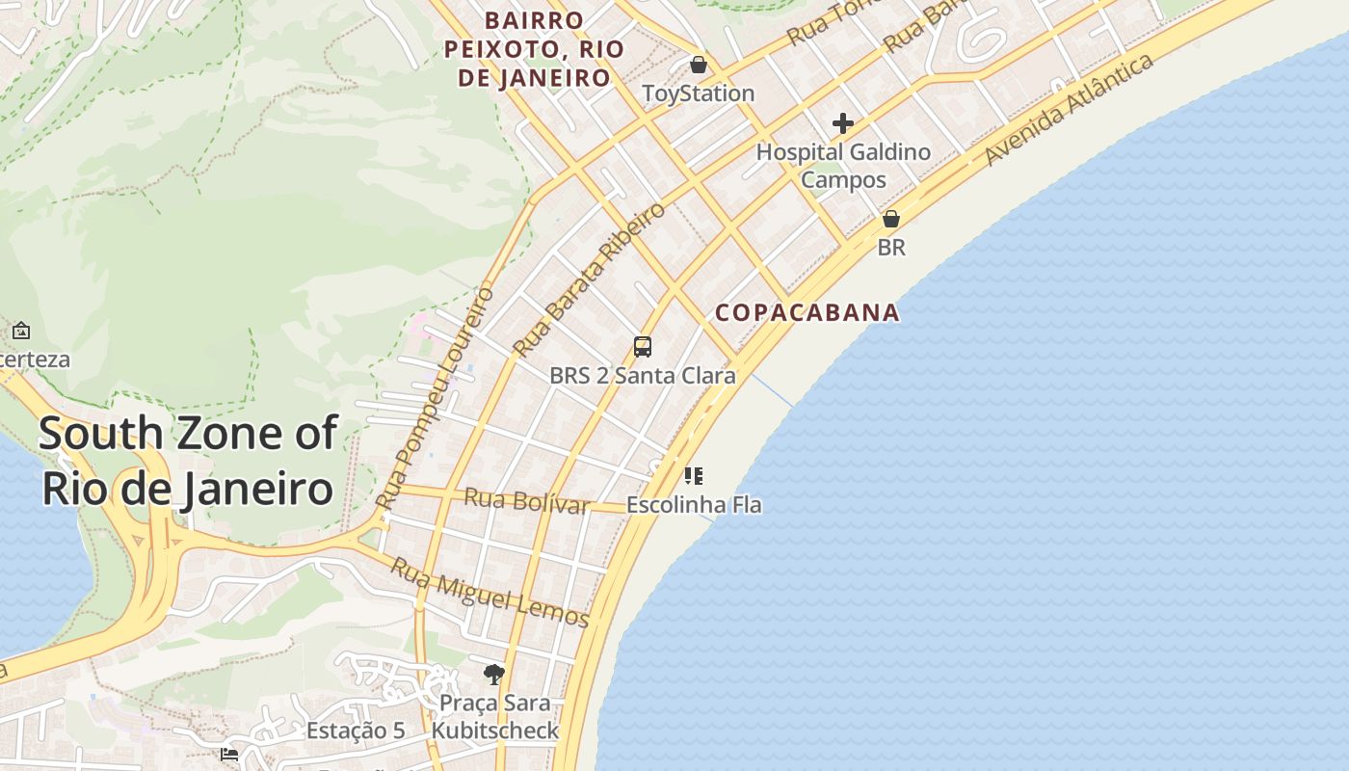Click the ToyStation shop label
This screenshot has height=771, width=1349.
click(699, 93)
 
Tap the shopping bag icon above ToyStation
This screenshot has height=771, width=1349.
click(699, 66)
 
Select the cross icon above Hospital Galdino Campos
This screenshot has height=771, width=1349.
click(843, 123)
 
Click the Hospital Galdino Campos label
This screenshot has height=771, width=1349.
click(843, 166)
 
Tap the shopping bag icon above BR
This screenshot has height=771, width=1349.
click(891, 220)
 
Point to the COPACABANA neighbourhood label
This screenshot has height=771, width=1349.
click(807, 312)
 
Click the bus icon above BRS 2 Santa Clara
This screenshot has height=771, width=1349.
click(643, 347)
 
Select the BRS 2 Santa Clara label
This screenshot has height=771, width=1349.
click(643, 376)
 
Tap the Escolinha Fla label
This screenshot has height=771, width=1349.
click(694, 504)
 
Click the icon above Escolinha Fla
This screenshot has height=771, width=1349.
click(694, 475)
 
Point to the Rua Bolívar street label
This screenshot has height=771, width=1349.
click(526, 501)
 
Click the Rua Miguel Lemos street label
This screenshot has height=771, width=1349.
click(489, 592)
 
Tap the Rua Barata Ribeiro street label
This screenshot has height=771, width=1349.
click(589, 279)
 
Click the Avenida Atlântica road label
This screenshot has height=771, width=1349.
click(1070, 109)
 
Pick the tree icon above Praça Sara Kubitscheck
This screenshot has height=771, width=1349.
click(494, 674)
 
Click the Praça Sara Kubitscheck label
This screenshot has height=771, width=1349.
click(494, 717)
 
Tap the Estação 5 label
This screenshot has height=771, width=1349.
click(356, 731)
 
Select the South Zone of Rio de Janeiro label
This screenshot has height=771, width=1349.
click(189, 461)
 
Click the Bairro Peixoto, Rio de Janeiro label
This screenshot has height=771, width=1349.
click(534, 49)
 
